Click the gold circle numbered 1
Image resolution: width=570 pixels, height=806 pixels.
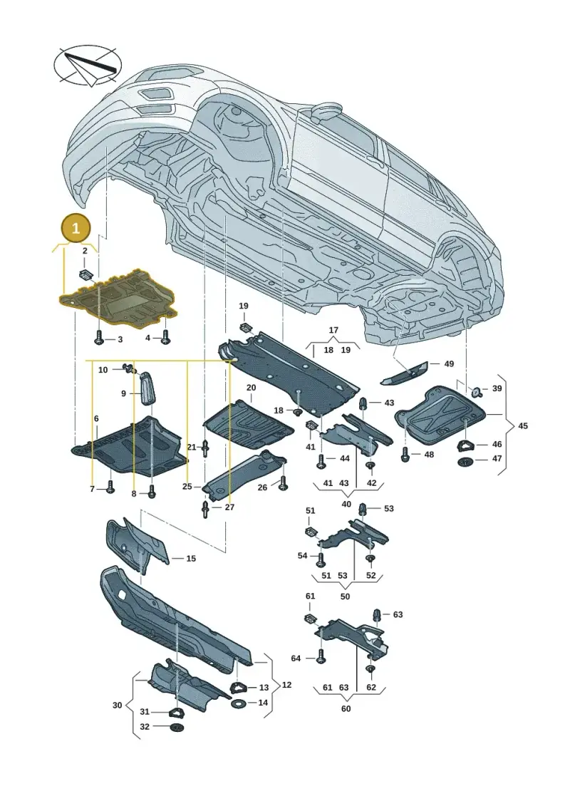[76, 229]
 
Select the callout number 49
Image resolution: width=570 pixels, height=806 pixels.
[449, 364]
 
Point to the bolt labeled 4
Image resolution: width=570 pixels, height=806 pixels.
[165, 337]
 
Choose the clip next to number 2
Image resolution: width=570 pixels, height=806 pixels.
[86, 274]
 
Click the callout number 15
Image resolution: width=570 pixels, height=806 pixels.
[191, 558]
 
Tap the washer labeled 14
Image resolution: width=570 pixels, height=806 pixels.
[239, 703]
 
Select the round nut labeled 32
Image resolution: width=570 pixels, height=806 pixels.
[176, 728]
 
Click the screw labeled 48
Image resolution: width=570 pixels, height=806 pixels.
[405, 455]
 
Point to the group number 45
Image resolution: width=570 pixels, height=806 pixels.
[523, 426]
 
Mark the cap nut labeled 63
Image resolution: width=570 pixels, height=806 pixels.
[377, 615]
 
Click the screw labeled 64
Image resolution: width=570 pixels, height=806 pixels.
[321, 658]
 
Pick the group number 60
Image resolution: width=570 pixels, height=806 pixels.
[346, 708]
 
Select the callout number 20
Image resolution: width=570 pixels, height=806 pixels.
[251, 387]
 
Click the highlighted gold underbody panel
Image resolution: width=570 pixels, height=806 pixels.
[119, 299]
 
